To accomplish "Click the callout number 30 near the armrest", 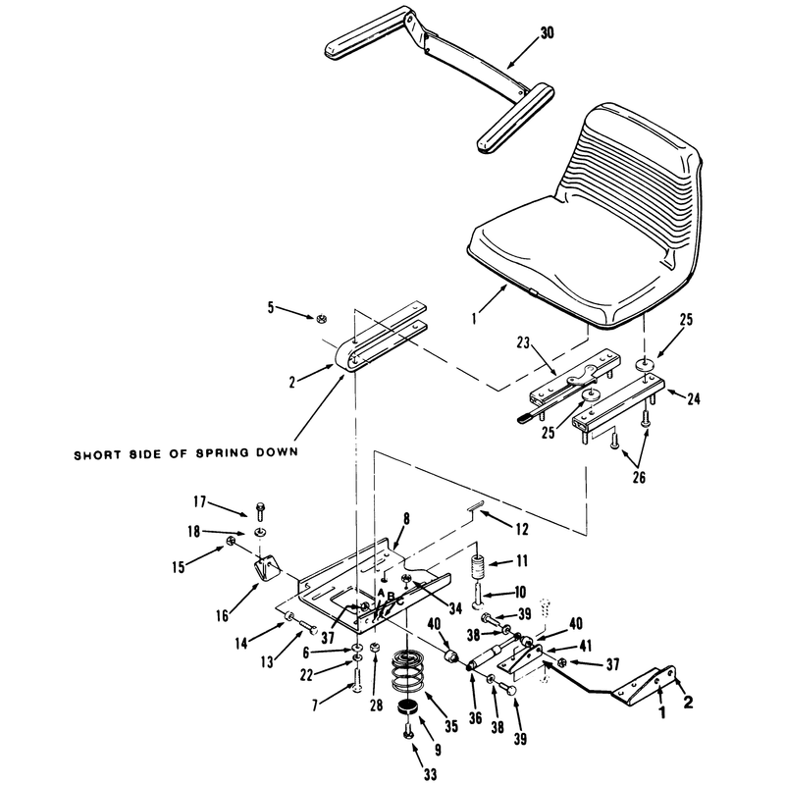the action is [x=548, y=33].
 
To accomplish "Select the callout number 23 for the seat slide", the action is [x=523, y=342].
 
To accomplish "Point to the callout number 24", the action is [x=694, y=398].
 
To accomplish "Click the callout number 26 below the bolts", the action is [x=640, y=477].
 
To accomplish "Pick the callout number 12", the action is [x=522, y=529].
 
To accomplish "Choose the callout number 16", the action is [x=223, y=615].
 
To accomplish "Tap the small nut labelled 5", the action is [x=320, y=318].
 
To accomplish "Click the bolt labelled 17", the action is [x=260, y=511].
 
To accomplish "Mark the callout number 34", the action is [x=454, y=608].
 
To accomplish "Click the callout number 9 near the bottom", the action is [x=438, y=750].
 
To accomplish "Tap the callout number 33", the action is [x=430, y=774].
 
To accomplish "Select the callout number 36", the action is [x=475, y=718].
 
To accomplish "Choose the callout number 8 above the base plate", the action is [x=406, y=519].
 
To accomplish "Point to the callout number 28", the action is [x=376, y=705].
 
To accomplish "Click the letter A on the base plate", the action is [x=381, y=593].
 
